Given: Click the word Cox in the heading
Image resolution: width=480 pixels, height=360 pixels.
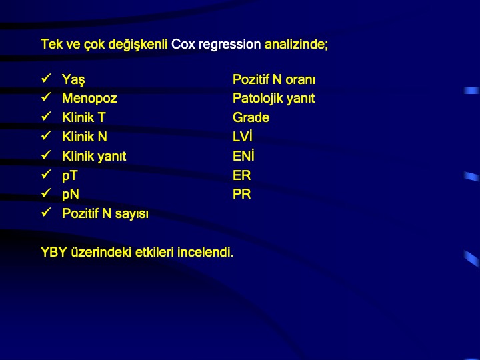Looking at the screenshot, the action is coord(183,44).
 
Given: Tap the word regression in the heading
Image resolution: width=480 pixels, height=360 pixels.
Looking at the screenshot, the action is coord(229,45).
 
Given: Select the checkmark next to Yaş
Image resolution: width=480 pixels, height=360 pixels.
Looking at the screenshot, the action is coord(46,79).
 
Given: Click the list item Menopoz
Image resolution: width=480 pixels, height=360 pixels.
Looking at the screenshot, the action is coord(89,98).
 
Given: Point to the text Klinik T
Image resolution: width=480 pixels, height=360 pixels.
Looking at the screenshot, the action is coord(84,117).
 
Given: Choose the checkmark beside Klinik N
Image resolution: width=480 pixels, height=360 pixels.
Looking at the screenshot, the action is coord(46,135).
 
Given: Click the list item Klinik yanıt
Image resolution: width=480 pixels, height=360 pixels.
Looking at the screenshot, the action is coord(94,156).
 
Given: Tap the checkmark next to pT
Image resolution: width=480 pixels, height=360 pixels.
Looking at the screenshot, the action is coord(46,174).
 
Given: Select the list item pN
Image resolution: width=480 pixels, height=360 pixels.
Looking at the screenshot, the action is coord(71,195).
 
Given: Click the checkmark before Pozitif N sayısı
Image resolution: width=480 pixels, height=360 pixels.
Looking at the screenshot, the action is coord(46,212).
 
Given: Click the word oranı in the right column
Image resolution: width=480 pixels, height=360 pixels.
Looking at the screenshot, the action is coord(300,79).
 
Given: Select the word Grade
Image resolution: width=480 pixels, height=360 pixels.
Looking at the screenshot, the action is coord(251,117).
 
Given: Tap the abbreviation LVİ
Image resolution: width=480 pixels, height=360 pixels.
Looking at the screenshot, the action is coord(243,136).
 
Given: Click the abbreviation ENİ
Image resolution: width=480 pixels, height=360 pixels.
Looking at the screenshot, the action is coord(244,155).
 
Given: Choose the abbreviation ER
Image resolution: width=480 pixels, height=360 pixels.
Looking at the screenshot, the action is coord(242,175).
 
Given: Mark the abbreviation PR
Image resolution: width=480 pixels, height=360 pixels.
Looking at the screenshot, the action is coord(242,194).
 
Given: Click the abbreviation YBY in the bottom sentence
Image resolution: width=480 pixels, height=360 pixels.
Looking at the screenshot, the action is coord(54,252).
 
